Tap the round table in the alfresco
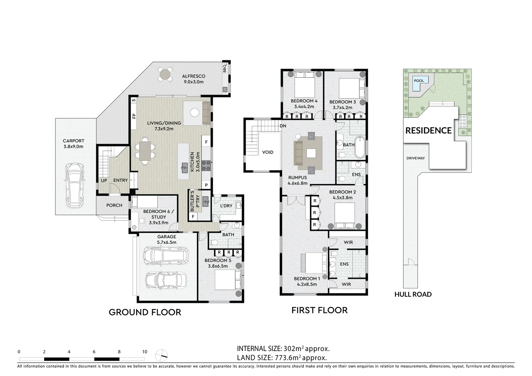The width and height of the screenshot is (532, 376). pyautogui.click(x=165, y=74)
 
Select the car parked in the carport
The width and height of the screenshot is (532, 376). pyautogui.click(x=74, y=185)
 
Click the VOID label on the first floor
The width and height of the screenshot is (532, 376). pyautogui.click(x=268, y=152)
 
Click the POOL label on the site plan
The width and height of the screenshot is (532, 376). pyautogui.click(x=419, y=81)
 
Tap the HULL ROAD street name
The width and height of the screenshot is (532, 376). pyautogui.click(x=413, y=295)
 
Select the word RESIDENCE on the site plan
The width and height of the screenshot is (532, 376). pyautogui.click(x=428, y=131)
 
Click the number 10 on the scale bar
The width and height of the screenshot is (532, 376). pyautogui.click(x=144, y=352)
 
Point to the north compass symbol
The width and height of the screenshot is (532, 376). pyautogui.click(x=161, y=355)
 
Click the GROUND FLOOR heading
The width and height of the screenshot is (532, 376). pyautogui.click(x=145, y=312)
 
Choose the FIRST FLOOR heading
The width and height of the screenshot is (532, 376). pyautogui.click(x=319, y=310)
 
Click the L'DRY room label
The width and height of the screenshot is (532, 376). pyautogui.click(x=226, y=206)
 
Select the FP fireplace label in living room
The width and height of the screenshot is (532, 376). pyautogui.click(x=134, y=116)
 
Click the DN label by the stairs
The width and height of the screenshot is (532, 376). pyautogui.click(x=283, y=126)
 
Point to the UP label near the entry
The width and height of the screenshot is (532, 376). pyautogui.click(x=104, y=180)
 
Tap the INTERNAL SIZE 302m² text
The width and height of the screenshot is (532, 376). pyautogui.click(x=283, y=348)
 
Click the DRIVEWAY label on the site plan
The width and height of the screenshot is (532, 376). pyautogui.click(x=415, y=158)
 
